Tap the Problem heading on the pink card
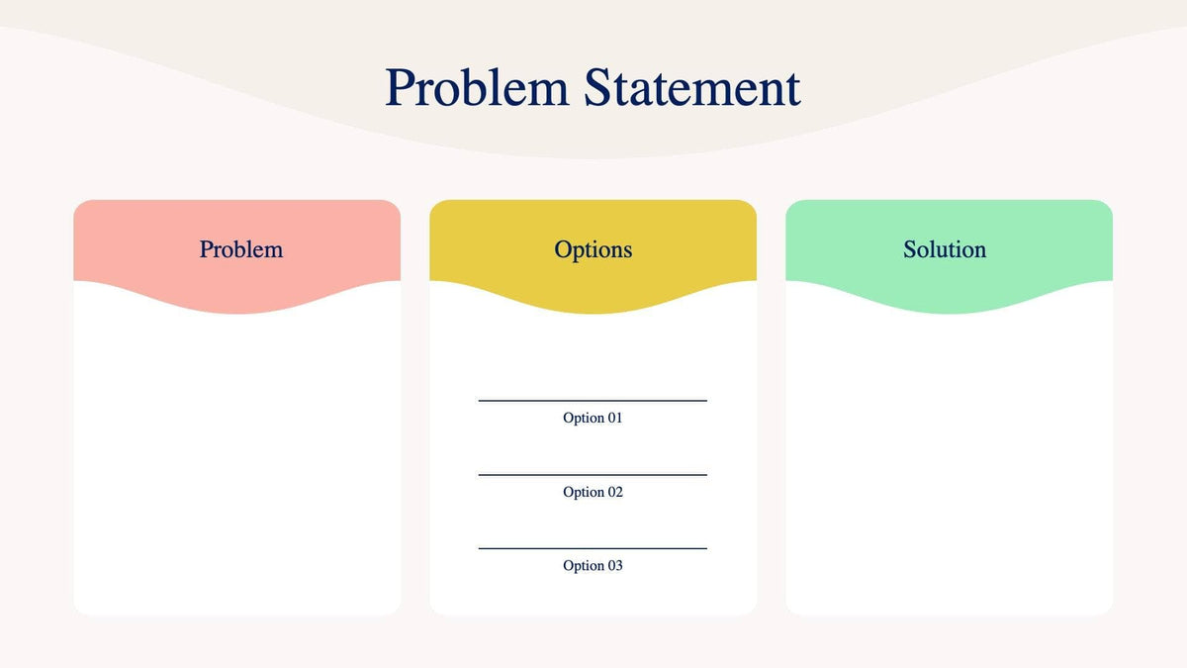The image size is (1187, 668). [240, 249]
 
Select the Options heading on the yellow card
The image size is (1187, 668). [593, 249]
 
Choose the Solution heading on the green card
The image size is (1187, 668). [944, 249]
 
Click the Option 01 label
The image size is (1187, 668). [593, 418]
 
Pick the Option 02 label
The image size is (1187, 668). [593, 492]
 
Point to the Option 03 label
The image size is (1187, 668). [593, 565]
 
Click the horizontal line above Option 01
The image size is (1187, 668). [593, 401]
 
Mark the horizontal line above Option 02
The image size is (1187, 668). [593, 475]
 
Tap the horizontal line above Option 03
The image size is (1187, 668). [593, 548]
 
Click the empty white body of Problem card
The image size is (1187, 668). [237, 465]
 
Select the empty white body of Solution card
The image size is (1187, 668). [949, 465]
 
